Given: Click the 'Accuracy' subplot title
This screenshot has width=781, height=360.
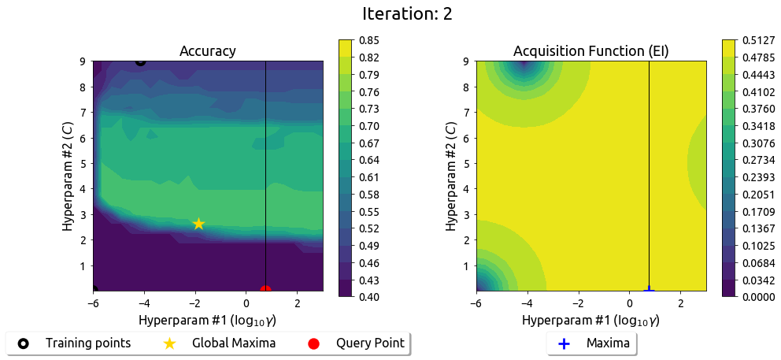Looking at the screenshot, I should (208, 51).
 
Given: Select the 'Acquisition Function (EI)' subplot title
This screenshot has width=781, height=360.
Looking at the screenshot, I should (590, 51).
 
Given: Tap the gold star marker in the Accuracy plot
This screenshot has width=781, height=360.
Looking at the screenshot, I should (198, 224).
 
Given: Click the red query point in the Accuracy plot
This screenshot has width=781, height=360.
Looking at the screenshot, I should (265, 291).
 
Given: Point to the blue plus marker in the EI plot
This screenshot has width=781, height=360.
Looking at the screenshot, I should (649, 291).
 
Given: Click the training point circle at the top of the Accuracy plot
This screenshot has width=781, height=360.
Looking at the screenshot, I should (140, 61).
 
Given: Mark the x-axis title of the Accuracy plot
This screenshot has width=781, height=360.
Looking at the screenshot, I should (208, 321).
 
